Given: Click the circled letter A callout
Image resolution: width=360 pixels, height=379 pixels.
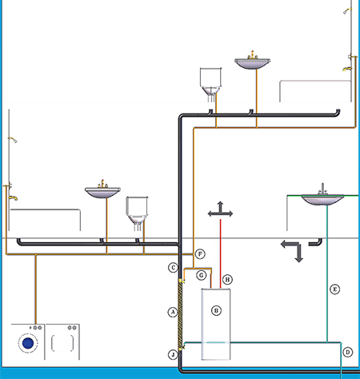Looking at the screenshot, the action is click(173, 312).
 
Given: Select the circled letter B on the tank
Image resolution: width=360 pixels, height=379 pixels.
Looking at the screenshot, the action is click(216, 310).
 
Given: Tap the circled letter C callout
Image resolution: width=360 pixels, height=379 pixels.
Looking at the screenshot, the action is click(174, 267).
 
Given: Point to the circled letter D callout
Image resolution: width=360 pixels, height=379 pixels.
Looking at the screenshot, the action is click(347, 352).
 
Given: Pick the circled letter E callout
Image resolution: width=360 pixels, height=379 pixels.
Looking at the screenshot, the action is click(334, 289).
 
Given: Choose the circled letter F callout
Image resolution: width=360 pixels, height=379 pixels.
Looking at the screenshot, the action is click(200, 253).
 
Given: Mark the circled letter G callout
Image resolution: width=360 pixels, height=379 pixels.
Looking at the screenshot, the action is click(202, 275).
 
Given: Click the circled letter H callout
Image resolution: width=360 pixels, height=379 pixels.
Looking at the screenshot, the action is click(227, 279).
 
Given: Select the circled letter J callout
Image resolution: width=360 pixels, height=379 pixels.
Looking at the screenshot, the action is click(173, 354).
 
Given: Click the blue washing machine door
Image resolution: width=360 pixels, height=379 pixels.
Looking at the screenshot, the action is click(28, 343).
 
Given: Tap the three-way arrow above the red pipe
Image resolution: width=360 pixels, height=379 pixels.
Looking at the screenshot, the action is click(220, 209).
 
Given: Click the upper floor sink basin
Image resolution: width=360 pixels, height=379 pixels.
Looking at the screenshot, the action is click(253, 64).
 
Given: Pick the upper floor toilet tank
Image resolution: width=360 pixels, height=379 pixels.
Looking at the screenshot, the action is click(210, 77).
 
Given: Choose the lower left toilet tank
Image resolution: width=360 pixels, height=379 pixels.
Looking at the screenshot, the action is click(137, 206).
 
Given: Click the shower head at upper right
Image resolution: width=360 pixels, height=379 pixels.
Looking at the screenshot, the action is click(347, 11).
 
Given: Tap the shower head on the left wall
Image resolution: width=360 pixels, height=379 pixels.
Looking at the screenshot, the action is click(13, 140).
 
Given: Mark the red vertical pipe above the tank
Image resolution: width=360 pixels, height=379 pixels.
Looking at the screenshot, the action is click(221, 253).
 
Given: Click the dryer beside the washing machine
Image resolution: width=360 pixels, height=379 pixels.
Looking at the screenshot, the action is click(62, 341).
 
